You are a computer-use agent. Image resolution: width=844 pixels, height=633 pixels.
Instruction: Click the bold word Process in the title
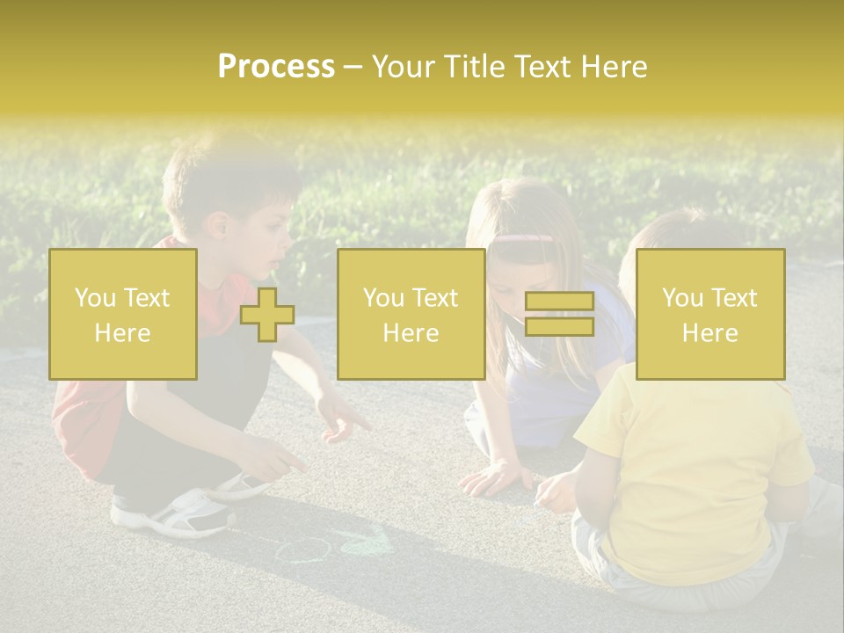click(276, 67)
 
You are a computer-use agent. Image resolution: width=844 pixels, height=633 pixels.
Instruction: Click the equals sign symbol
click(559, 314)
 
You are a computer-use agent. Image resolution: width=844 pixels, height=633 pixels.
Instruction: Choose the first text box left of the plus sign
click(122, 314)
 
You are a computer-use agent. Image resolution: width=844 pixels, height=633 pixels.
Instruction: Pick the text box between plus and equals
click(411, 314)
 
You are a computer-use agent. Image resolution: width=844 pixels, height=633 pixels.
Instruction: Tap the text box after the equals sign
click(709, 314)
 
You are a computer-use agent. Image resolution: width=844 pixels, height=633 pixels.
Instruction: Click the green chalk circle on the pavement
click(302, 550)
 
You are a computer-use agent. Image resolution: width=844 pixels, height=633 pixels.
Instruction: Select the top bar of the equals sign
click(559, 302)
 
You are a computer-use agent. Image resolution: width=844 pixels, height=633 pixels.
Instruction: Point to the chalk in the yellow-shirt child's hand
click(537, 502)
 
